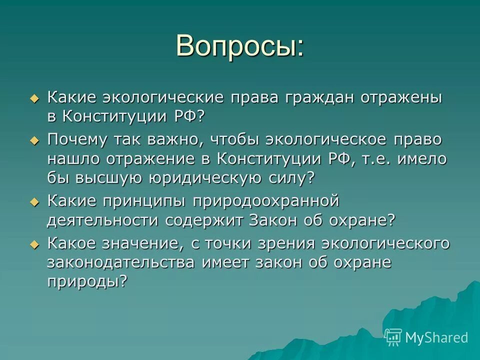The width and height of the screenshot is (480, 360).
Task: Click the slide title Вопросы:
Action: pyautogui.click(x=239, y=46)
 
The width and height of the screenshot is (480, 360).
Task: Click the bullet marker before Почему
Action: pyautogui.click(x=34, y=141)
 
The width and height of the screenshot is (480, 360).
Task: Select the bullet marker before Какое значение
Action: pyautogui.click(x=34, y=245)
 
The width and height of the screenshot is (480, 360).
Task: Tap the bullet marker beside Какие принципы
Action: pyautogui.click(x=34, y=202)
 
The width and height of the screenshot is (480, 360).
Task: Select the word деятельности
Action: pyautogui.click(x=102, y=220)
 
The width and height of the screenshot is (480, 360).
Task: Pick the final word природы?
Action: pyautogui.click(x=87, y=281)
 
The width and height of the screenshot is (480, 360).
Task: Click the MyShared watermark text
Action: pyautogui.click(x=436, y=337)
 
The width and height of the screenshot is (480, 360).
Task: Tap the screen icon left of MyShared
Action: pyautogui.click(x=393, y=337)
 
